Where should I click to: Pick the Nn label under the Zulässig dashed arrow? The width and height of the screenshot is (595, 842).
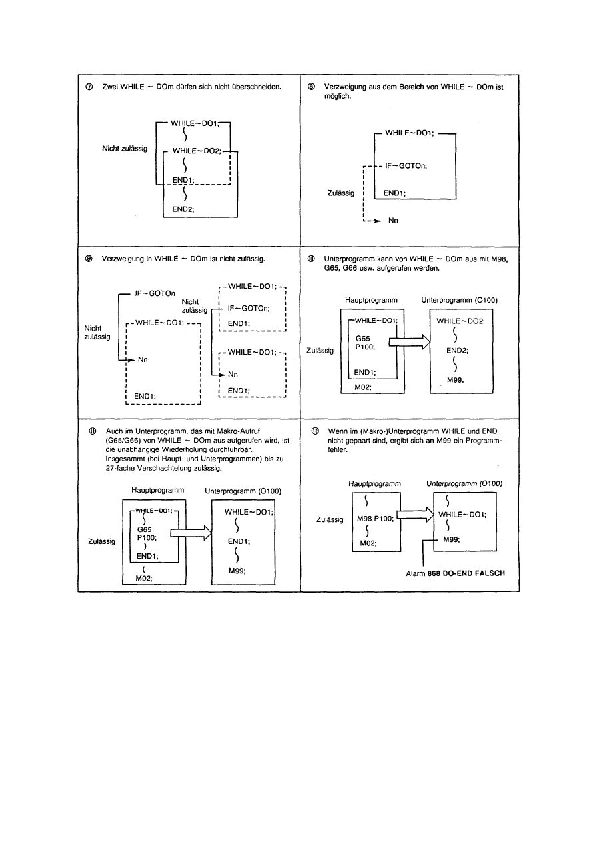click(393, 221)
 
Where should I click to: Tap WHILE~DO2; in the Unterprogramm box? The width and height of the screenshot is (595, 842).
click(460, 321)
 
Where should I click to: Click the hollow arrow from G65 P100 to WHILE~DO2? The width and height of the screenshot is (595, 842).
click(408, 343)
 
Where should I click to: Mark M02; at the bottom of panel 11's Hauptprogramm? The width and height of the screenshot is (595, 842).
click(144, 579)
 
